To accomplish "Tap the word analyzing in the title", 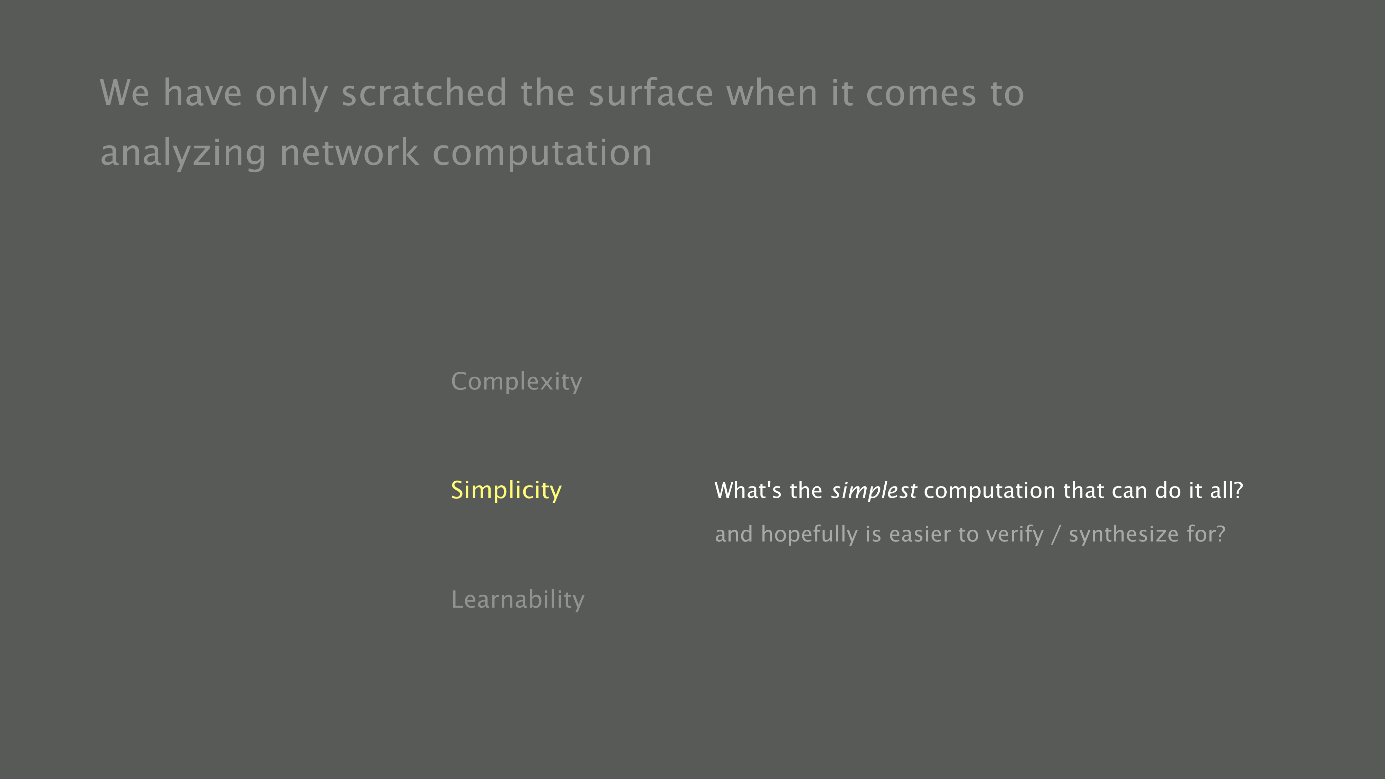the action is [183, 154].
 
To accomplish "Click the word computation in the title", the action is [542, 154].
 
